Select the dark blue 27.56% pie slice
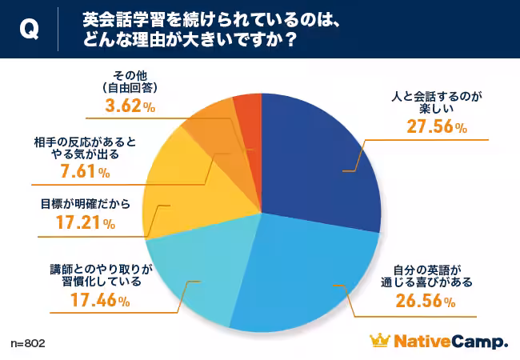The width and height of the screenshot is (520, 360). coord(320,152)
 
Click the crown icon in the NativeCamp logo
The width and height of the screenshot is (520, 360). coord(378,342)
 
